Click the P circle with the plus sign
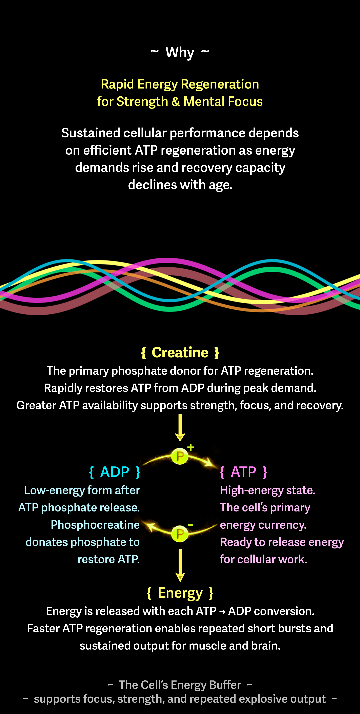click(x=180, y=456)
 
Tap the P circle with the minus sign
click(x=180, y=534)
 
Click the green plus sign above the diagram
click(x=191, y=447)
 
